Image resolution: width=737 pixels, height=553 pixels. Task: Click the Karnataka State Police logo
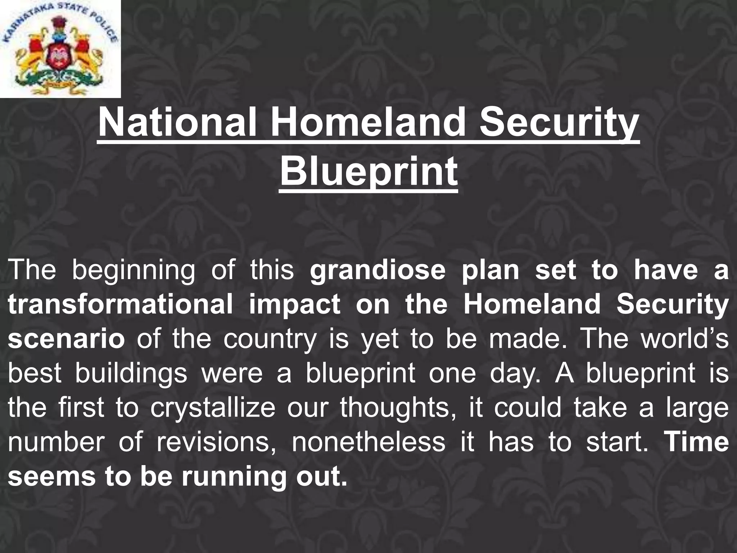60,49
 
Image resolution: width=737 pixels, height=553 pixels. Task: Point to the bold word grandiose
377,271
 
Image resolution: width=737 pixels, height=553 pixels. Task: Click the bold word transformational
120,305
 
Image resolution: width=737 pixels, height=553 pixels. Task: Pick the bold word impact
294,305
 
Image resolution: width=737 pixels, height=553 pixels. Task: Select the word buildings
131,373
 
